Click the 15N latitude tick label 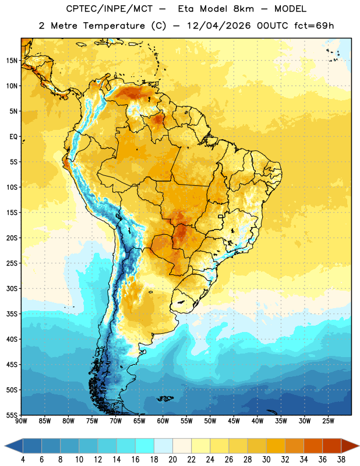coord(12,61)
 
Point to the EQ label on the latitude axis coord(13,137)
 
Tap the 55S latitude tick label coord(12,415)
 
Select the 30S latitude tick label coord(12,288)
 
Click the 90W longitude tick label coord(21,421)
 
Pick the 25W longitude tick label coord(328,421)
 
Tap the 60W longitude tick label coord(163,421)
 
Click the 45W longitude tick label coord(234,421)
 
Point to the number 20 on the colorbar coord(172,460)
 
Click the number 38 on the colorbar coord(341,460)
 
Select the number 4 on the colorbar coord(23,460)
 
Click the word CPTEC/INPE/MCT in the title coord(109,9)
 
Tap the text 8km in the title coord(243,9)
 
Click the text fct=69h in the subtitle coord(314,26)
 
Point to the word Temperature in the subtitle coord(114,26)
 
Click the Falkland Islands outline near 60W coord(165,398)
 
